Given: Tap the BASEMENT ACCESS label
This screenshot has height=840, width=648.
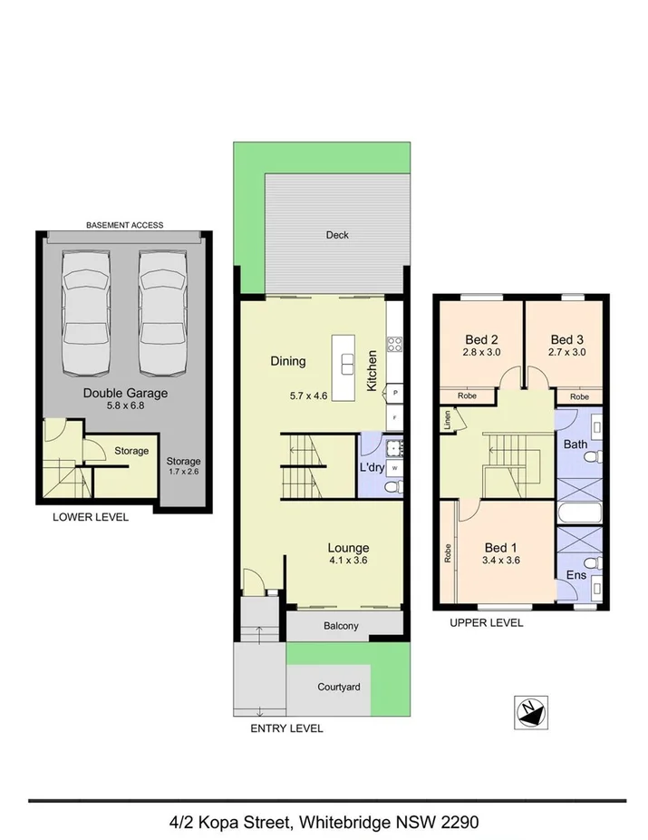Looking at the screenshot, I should point(124,225).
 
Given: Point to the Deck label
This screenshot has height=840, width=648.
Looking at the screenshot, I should point(337,235).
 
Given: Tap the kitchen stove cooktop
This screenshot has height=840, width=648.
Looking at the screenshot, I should point(395,343).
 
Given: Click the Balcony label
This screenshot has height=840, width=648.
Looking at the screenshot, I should point(341,626).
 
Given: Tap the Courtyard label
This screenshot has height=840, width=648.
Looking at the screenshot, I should point(338,687).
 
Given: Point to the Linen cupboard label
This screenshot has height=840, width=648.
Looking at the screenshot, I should point(448,420).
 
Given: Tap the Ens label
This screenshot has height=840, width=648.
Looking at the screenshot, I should point(575,575).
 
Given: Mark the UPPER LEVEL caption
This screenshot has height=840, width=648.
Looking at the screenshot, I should point(487,623).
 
